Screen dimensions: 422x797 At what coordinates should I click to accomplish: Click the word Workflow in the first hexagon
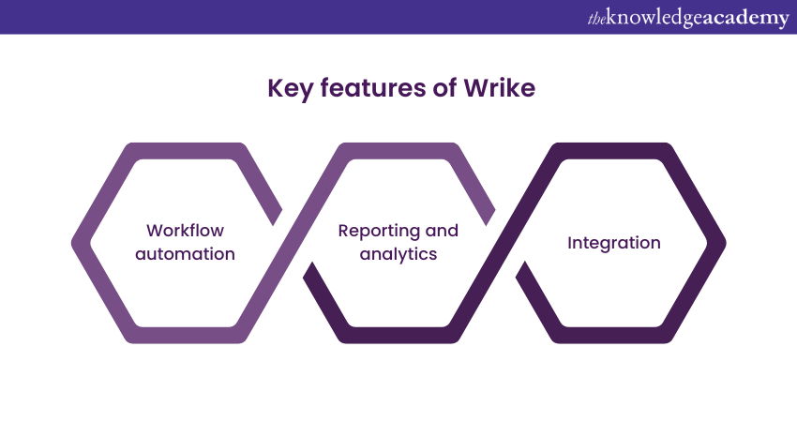pos(185,231)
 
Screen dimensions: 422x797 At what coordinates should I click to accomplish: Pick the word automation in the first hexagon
pos(185,254)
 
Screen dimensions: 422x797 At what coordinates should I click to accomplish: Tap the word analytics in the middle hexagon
pos(398,254)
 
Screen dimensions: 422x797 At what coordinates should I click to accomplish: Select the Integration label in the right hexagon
pos(613,243)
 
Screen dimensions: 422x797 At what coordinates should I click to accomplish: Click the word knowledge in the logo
pos(655,18)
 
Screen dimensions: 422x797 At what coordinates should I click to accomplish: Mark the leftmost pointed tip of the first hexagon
pos(74,243)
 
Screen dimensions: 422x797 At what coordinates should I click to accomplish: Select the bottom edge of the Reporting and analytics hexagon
pos(398,335)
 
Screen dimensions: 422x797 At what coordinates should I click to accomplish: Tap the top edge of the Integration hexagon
pos(613,151)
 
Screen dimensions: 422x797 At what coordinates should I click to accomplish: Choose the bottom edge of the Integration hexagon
pos(613,335)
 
